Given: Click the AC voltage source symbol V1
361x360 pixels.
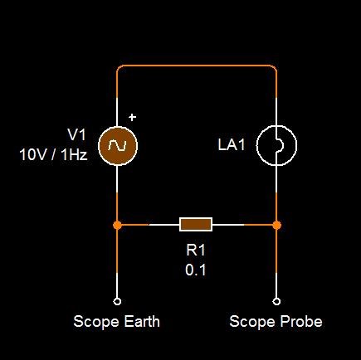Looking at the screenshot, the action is [x=118, y=145].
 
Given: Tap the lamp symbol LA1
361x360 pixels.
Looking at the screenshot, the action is [x=276, y=145].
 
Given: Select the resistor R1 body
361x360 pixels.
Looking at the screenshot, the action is [x=196, y=224].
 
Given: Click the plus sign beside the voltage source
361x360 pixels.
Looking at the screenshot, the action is [x=133, y=117].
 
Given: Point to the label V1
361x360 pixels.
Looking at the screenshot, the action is [x=77, y=135].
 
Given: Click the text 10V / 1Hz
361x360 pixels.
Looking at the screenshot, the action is [x=53, y=155].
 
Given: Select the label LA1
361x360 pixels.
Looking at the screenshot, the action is [x=232, y=145].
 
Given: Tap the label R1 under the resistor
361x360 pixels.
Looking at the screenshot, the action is [x=196, y=251].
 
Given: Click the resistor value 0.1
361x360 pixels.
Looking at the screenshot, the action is [x=196, y=270].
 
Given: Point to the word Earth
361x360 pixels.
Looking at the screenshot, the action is [x=142, y=322].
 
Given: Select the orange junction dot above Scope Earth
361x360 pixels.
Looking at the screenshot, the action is [x=117, y=225].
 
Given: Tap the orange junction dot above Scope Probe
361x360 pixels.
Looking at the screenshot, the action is [x=276, y=225].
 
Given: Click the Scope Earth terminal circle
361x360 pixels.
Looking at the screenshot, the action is [x=117, y=301].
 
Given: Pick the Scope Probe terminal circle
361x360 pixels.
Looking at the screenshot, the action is [x=276, y=301].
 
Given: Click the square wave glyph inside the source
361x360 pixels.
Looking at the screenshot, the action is [x=117, y=145].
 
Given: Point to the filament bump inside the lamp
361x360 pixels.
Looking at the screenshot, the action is [x=280, y=145].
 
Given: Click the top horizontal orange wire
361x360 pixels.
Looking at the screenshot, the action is [x=197, y=66].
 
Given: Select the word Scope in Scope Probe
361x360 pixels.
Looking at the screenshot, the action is [x=253, y=322].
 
